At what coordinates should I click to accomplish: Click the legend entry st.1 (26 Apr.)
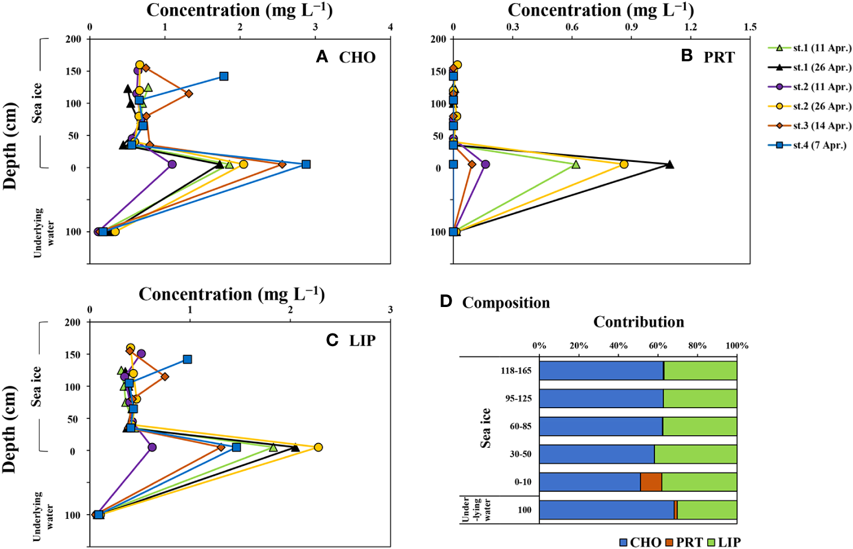pyautogui.click(x=810, y=67)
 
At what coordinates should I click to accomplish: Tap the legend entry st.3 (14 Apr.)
pyautogui.click(x=810, y=126)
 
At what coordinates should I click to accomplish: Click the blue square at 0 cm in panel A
pyautogui.click(x=306, y=164)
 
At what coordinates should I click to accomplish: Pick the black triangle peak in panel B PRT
pyautogui.click(x=669, y=164)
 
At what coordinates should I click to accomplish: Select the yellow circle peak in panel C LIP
pyautogui.click(x=318, y=447)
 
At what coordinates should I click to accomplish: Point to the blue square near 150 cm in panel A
pyautogui.click(x=224, y=76)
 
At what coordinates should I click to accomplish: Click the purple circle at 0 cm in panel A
pyautogui.click(x=172, y=164)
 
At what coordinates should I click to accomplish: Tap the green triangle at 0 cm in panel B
pyautogui.click(x=576, y=164)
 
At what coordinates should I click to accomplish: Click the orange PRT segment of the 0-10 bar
pyautogui.click(x=651, y=482)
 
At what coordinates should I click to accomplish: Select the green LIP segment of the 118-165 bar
pyautogui.click(x=701, y=371)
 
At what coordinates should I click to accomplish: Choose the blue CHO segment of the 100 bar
pyautogui.click(x=606, y=510)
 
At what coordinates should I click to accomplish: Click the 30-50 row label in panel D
pyautogui.click(x=520, y=454)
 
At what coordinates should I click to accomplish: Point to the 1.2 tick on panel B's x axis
pyautogui.click(x=690, y=27)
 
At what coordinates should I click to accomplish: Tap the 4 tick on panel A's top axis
pyautogui.click(x=390, y=27)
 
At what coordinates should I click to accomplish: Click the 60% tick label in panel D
pyautogui.click(x=658, y=346)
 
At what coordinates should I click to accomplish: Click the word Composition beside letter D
pyautogui.click(x=506, y=303)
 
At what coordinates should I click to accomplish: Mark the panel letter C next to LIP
pyautogui.click(x=332, y=341)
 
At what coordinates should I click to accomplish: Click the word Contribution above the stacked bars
pyautogui.click(x=639, y=322)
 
